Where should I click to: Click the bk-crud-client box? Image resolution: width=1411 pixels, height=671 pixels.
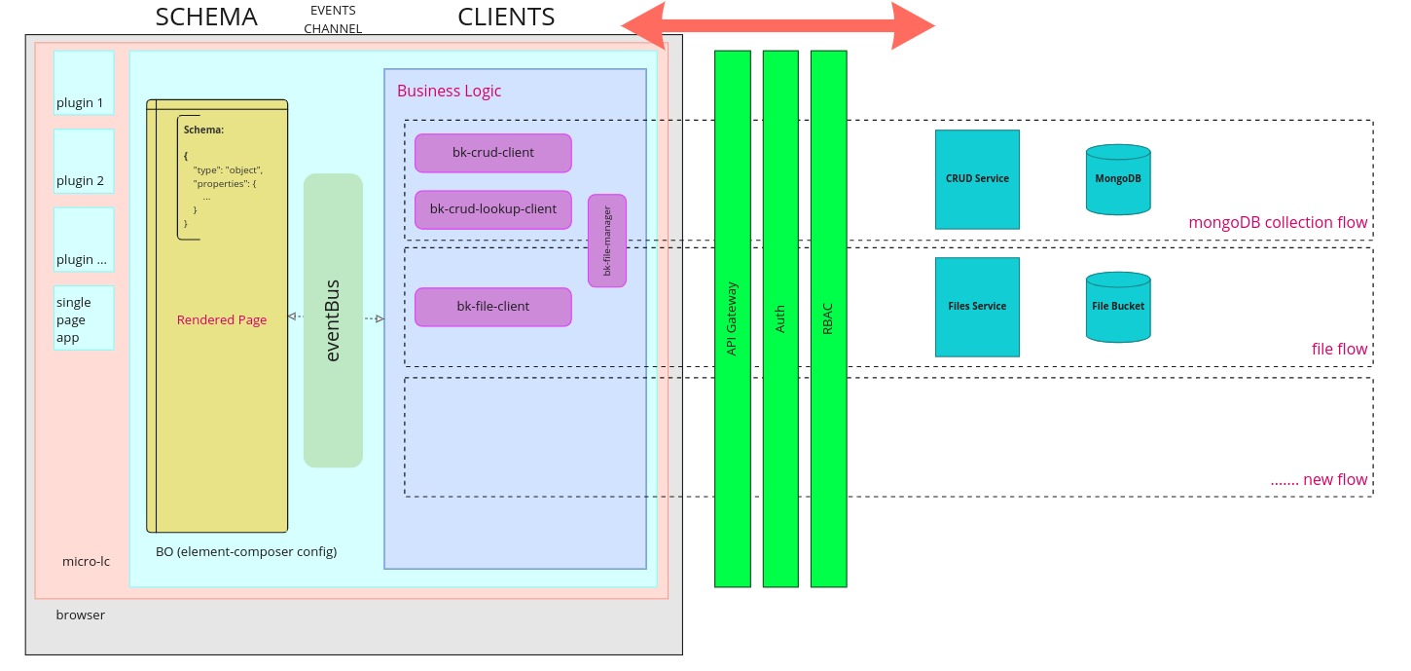[492, 153]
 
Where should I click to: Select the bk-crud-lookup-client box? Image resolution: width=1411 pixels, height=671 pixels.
[492, 209]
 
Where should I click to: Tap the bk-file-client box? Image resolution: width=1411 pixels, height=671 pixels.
[492, 307]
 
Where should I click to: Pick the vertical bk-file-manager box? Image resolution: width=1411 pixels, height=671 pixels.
[607, 241]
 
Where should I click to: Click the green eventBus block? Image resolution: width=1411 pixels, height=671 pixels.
[333, 320]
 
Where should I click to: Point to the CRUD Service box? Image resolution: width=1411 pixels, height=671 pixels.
[977, 179]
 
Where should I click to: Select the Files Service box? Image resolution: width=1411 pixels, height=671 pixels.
[977, 307]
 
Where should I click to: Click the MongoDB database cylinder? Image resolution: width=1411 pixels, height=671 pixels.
[1118, 179]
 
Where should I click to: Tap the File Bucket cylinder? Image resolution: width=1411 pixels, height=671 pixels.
[1118, 307]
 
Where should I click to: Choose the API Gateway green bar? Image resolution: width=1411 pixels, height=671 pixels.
[732, 318]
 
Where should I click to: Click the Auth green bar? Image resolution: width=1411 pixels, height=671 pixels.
[780, 318]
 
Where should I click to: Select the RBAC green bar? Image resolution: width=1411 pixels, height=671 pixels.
[828, 318]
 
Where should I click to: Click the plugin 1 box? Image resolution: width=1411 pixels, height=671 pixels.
[84, 84]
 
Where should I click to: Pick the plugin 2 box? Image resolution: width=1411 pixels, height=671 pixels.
[84, 162]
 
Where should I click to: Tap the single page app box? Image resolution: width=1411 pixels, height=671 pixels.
[84, 317]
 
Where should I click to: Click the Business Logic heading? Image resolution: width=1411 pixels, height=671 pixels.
[449, 91]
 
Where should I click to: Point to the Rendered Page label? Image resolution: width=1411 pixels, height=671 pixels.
[222, 319]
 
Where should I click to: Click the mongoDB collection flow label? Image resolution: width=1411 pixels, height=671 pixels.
[1278, 222]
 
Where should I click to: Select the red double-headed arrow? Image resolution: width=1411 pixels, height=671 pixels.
[778, 25]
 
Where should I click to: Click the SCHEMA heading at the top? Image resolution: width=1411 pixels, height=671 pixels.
[206, 17]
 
